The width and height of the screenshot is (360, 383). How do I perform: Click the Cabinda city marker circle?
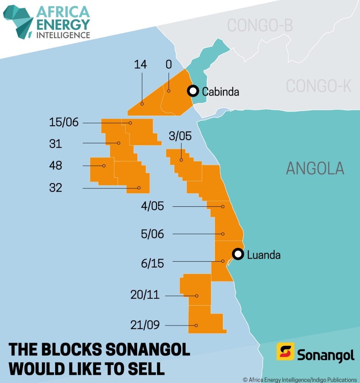point(193,91)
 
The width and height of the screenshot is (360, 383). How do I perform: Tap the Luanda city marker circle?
point(238,254)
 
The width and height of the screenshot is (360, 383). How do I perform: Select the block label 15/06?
point(64,123)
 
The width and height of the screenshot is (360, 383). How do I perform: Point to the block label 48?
point(56,166)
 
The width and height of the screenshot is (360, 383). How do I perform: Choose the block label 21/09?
point(145,325)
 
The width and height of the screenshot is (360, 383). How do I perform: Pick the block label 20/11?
point(145,295)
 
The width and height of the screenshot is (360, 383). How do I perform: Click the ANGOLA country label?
point(315,169)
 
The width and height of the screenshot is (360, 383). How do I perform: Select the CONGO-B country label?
point(260,26)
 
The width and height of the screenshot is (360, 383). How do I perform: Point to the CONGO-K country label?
point(318,86)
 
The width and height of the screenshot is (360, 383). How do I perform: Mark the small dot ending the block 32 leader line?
point(139,188)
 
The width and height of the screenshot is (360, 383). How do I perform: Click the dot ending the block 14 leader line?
point(142,103)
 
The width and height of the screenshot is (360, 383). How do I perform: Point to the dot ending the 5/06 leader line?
point(223,234)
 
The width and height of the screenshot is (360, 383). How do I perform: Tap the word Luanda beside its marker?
point(264,255)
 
